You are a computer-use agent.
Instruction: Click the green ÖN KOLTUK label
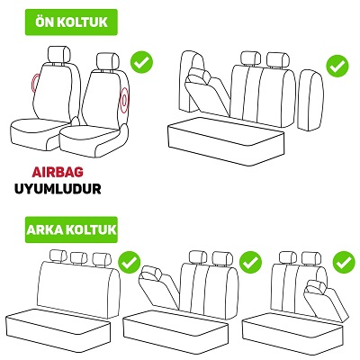[71, 22]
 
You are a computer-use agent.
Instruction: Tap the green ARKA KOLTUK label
[71, 229]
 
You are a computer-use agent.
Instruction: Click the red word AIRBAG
[58, 172]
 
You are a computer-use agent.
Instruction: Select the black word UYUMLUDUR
[58, 189]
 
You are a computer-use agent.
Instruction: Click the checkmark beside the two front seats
[141, 62]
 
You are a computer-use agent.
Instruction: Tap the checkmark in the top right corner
[337, 66]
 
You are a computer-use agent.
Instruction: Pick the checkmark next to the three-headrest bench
[130, 262]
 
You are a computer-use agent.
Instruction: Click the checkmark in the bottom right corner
[344, 262]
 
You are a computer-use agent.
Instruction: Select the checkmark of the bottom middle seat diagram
[250, 262]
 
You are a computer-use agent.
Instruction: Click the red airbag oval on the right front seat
[124, 101]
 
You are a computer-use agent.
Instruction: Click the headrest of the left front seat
[59, 54]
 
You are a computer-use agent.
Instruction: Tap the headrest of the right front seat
[108, 61]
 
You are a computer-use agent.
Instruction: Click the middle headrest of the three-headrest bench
[79, 257]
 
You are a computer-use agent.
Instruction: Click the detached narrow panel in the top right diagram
[310, 100]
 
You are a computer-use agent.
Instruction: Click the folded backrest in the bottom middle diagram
[159, 285]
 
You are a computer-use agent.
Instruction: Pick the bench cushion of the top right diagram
[226, 141]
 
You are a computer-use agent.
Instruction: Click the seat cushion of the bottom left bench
[58, 330]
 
